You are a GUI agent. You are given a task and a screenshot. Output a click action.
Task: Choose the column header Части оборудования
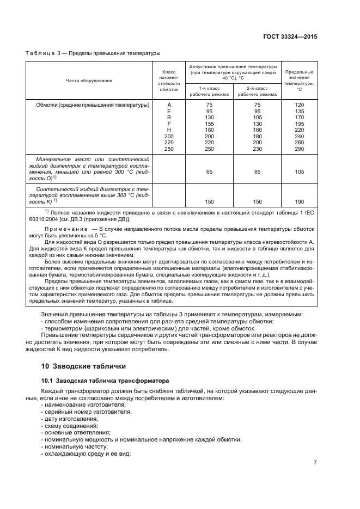coord(89,81)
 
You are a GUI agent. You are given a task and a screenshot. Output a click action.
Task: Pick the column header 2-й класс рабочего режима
coord(257,90)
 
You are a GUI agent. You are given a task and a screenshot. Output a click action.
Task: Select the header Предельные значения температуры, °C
coord(299,81)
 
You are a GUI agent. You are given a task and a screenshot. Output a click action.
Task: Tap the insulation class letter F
coord(169,124)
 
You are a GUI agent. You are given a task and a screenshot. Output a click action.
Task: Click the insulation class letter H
coord(169,130)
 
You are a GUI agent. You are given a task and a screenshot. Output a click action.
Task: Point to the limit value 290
coord(299,149)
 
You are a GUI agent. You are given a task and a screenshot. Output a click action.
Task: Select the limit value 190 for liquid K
coord(299,201)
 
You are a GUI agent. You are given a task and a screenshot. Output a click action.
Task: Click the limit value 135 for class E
coord(299,111)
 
